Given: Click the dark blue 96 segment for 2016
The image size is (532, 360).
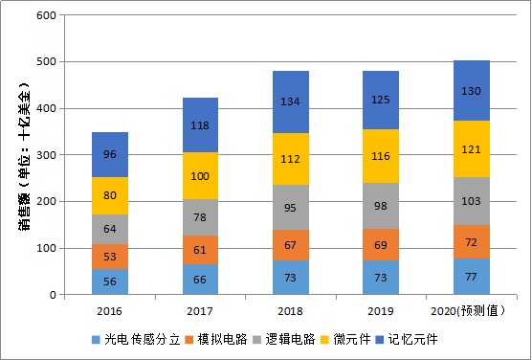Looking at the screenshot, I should pos(109,154).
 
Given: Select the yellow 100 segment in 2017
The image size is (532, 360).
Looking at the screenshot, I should pos(201,176).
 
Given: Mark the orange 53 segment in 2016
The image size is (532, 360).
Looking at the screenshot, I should pos(109,257).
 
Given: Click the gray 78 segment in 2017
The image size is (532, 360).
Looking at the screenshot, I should pos(201,217).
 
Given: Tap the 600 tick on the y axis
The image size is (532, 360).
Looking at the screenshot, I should pos(44,15).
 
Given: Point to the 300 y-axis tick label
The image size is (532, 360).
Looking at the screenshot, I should pos(44,155).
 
